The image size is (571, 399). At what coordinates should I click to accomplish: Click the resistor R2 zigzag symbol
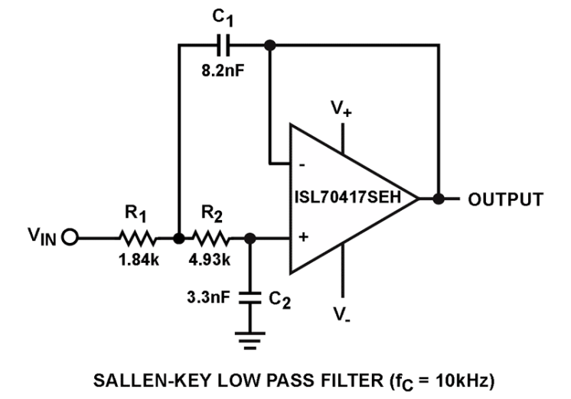(210, 238)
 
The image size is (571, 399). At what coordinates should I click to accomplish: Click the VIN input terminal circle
(70, 238)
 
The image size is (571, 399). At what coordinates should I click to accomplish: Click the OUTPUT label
(506, 199)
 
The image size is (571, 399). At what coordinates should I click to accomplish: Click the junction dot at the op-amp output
(438, 199)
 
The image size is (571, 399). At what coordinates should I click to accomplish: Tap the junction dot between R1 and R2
(178, 238)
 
